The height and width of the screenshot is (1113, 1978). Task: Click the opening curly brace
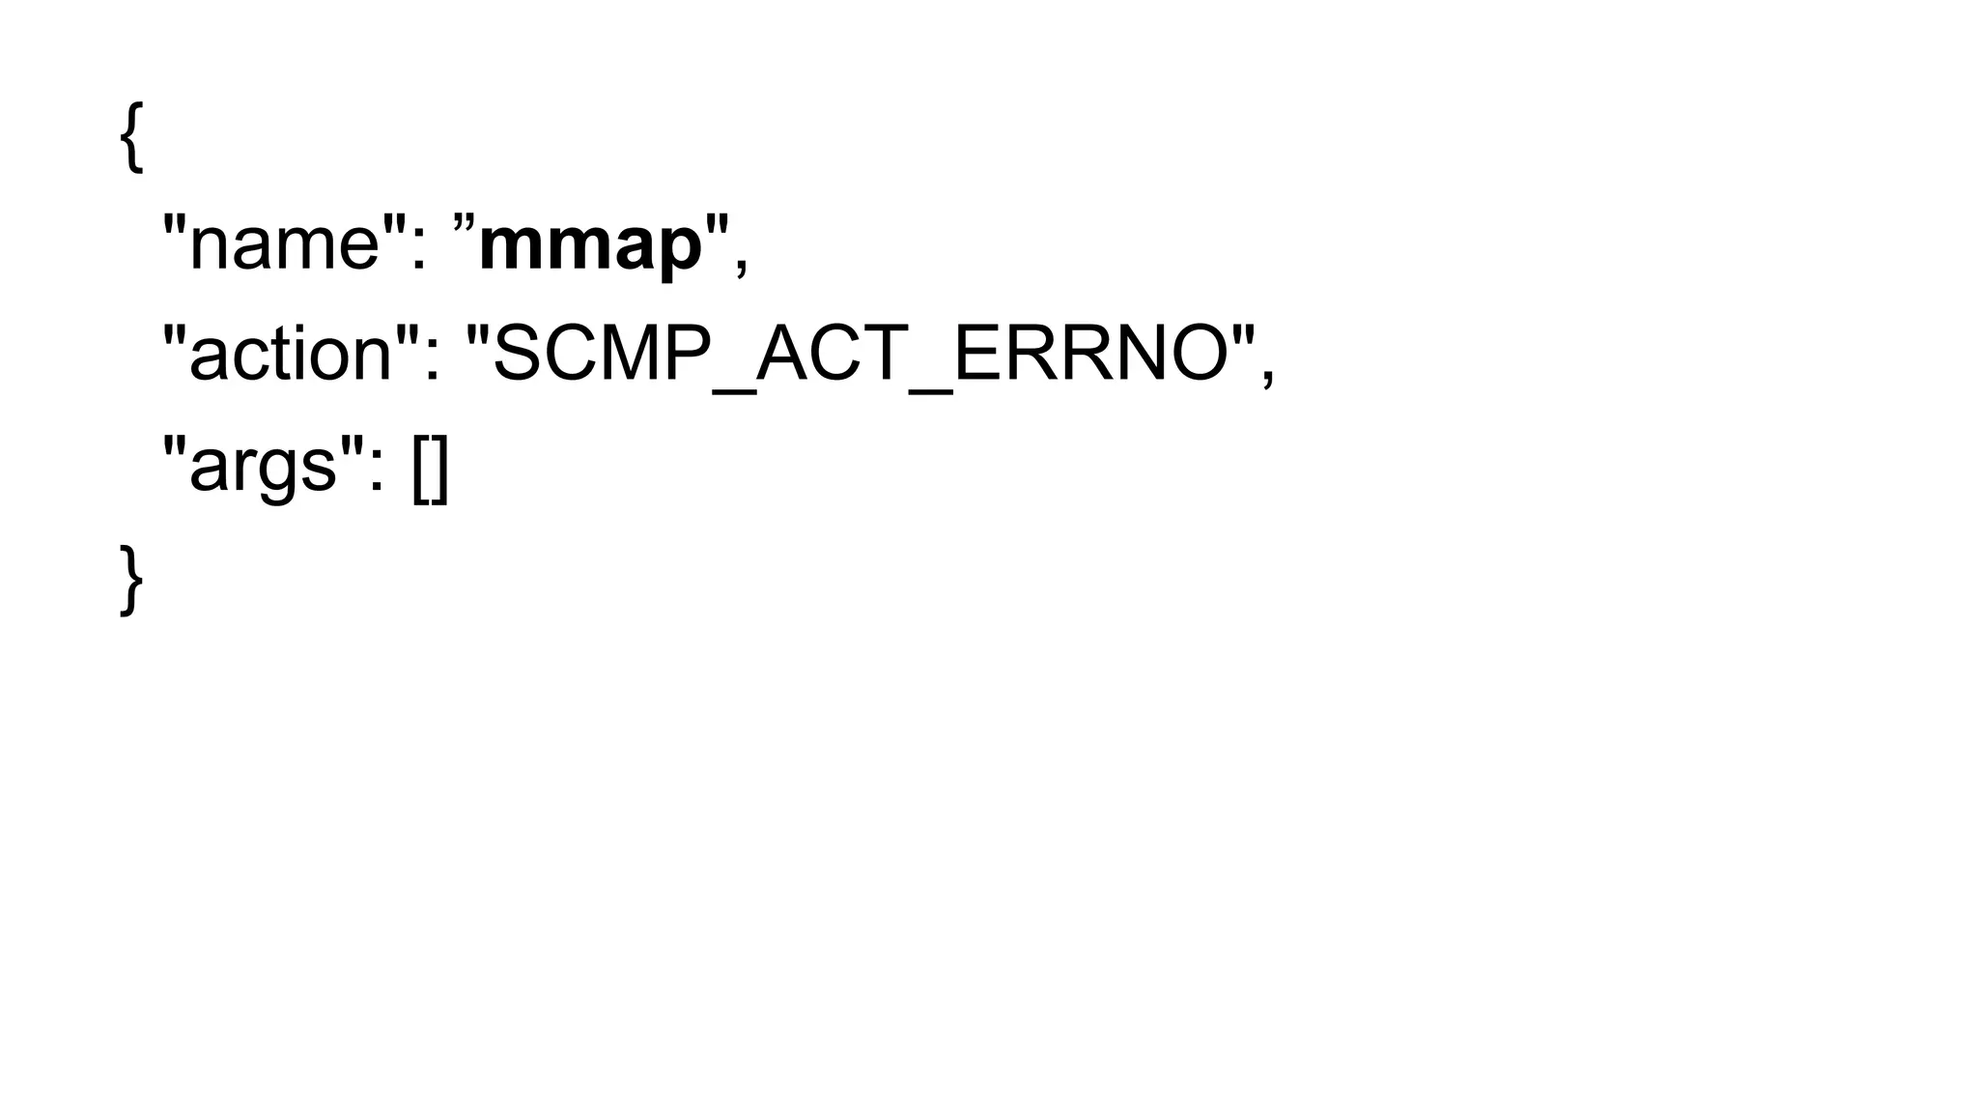[131, 137]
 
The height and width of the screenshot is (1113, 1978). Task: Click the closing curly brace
[131, 580]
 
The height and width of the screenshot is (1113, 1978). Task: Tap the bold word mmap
[590, 245]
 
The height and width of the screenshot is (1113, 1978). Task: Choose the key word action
[291, 354]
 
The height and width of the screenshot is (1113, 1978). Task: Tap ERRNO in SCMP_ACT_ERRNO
[1091, 354]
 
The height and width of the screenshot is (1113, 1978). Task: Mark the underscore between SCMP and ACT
[733, 389]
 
